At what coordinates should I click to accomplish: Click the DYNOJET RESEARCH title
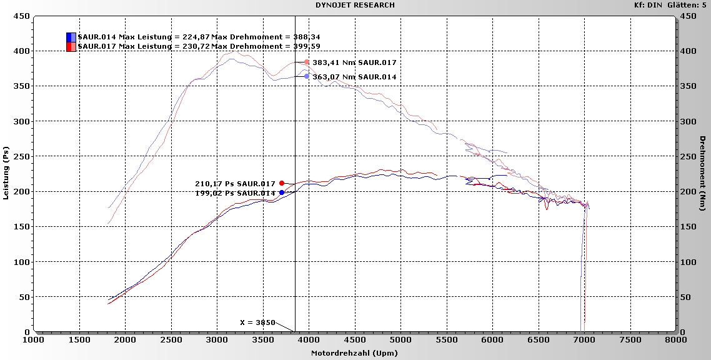click(x=355, y=5)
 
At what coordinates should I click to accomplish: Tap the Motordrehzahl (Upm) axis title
click(x=354, y=353)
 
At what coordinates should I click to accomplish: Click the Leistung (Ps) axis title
click(x=6, y=174)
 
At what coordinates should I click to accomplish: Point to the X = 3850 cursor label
click(x=258, y=322)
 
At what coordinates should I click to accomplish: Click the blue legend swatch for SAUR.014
click(x=71, y=37)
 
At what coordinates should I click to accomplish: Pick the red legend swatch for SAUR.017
click(x=71, y=46)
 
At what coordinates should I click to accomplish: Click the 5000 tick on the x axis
click(x=400, y=339)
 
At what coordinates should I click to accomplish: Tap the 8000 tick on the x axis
click(x=675, y=339)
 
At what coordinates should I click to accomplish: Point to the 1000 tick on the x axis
click(x=34, y=339)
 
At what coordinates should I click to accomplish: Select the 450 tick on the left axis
click(x=22, y=16)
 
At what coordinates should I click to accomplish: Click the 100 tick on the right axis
click(x=687, y=262)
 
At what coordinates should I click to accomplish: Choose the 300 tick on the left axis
click(x=22, y=121)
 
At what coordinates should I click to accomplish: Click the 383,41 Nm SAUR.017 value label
click(x=354, y=62)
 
